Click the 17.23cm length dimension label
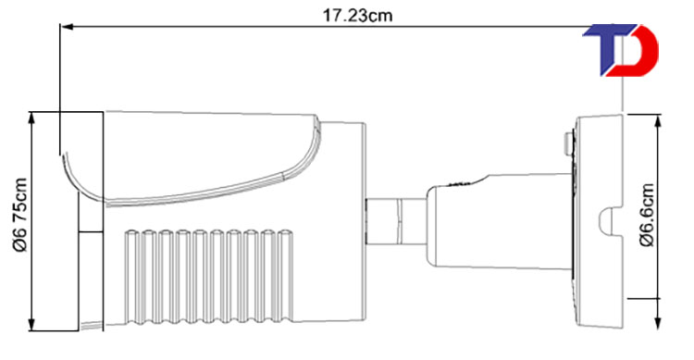tap(357, 16)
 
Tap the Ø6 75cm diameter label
tap(20, 216)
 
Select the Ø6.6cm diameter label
tap(647, 215)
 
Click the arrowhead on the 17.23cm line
tap(67, 27)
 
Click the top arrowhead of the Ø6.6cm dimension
tap(659, 120)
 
